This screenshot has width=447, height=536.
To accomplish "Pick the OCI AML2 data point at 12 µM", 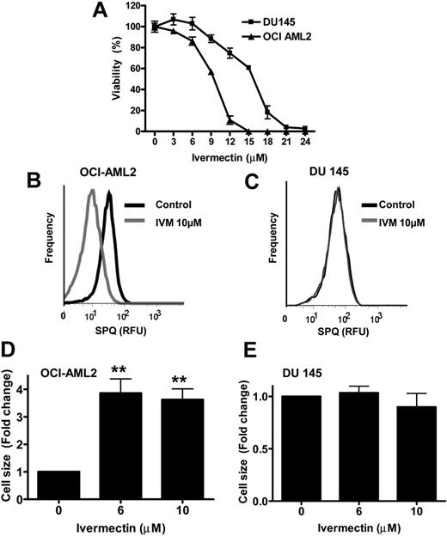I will (x=230, y=119).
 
